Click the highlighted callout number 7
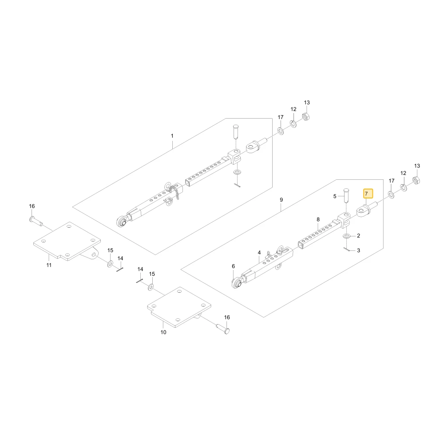[x=368, y=194]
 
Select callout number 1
[x=172, y=136]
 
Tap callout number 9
[x=281, y=200]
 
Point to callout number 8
[x=318, y=219]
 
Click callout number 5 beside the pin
[x=335, y=196]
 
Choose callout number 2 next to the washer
[x=358, y=236]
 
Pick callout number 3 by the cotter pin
[x=358, y=250]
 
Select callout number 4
[x=259, y=253]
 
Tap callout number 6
[x=234, y=266]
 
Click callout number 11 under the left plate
[x=49, y=265]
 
